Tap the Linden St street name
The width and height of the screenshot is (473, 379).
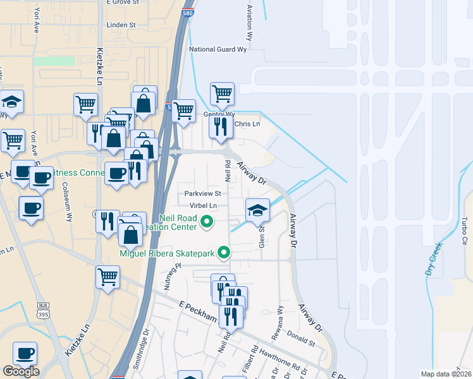click(123, 25)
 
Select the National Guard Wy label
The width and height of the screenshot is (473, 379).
click(218, 49)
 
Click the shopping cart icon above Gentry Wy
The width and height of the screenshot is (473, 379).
click(222, 94)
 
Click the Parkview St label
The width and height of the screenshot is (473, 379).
click(202, 193)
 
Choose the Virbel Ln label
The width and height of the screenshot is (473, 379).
click(202, 205)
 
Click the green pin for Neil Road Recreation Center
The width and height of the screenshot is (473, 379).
click(206, 222)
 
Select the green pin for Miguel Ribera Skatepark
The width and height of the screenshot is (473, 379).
click(223, 253)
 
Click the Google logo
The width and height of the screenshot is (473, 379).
click(21, 371)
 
